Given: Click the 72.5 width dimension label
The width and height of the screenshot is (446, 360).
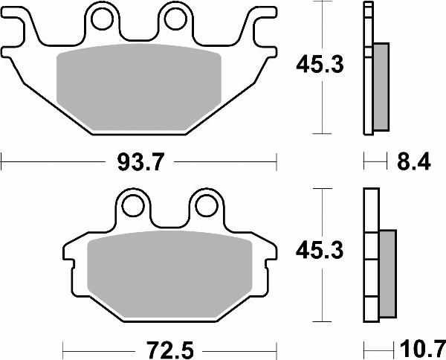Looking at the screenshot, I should click(169, 347).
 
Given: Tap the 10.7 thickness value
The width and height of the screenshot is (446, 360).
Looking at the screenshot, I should click(420, 347).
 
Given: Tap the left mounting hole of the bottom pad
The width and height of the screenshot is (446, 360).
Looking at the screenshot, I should click(134, 203).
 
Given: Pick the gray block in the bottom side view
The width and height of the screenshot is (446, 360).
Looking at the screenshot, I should click(387, 271).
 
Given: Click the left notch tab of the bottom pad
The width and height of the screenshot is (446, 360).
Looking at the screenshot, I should click(70, 261).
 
